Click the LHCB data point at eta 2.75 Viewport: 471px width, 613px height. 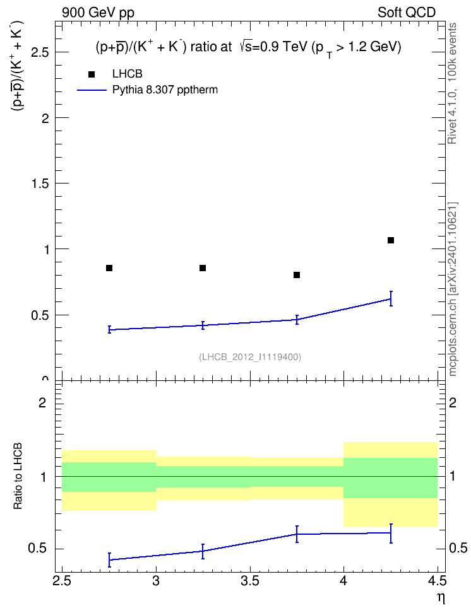click(x=109, y=268)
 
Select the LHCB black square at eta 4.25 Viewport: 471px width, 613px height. click(x=391, y=240)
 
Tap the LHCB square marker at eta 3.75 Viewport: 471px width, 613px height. click(x=297, y=275)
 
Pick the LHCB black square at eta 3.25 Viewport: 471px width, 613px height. click(x=203, y=268)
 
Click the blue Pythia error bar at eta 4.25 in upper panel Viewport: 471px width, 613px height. click(x=391, y=299)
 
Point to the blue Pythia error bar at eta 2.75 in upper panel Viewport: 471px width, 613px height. click(x=109, y=329)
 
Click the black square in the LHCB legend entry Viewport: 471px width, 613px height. click(x=92, y=74)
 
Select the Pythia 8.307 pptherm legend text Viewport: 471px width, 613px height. click(x=165, y=90)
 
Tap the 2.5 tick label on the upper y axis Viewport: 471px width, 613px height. click(x=40, y=52)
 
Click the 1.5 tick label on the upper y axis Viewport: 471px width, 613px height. click(x=40, y=184)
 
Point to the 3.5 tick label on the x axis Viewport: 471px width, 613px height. click(x=250, y=581)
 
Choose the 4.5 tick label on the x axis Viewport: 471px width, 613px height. click(x=438, y=581)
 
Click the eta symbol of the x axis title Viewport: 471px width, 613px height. click(x=441, y=598)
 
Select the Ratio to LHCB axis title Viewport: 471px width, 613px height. click(x=18, y=476)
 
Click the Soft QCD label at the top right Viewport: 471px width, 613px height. click(x=407, y=13)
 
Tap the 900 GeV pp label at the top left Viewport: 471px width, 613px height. click(x=98, y=13)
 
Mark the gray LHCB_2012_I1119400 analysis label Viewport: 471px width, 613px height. click(x=250, y=356)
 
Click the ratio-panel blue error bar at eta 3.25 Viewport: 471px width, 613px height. click(x=203, y=551)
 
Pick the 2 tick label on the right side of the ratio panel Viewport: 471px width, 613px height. click(x=453, y=402)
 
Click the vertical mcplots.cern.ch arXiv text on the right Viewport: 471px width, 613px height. click(x=453, y=289)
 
